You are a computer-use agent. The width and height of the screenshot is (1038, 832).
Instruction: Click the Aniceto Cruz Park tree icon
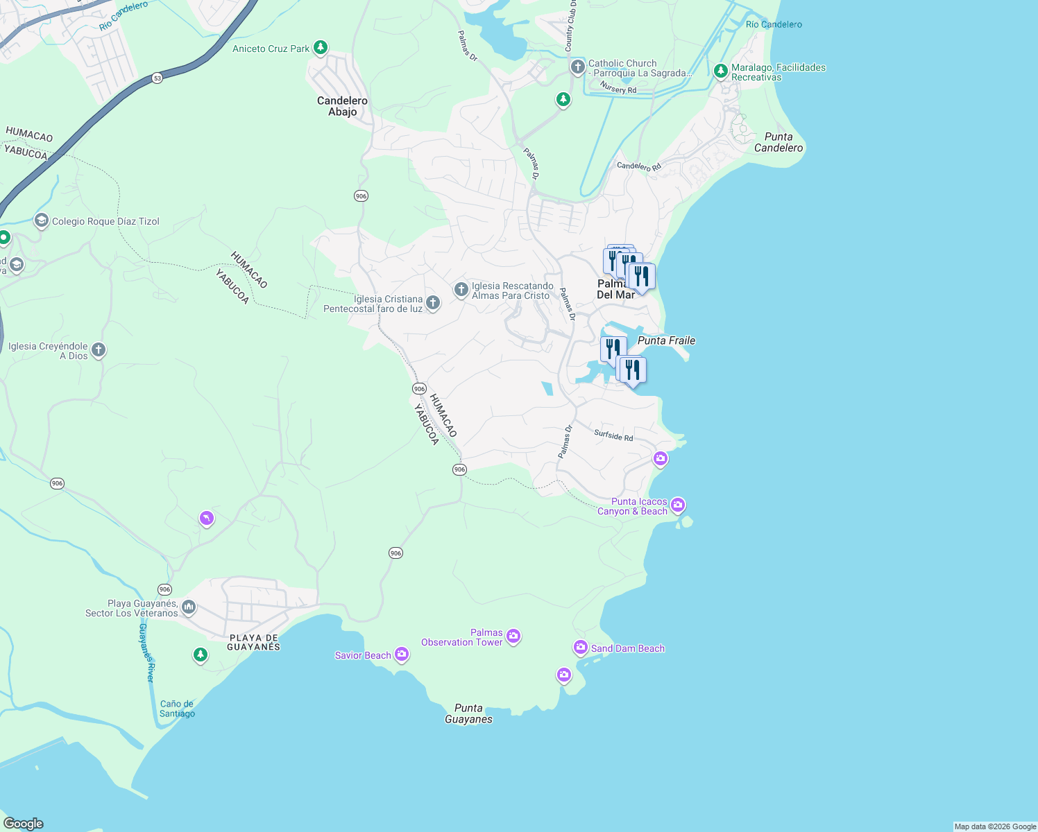click(320, 48)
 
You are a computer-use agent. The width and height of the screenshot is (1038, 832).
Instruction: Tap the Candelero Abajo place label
click(342, 106)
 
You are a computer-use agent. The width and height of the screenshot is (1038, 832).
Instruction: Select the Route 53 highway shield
click(158, 78)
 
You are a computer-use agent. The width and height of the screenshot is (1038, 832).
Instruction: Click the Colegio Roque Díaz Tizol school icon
click(41, 221)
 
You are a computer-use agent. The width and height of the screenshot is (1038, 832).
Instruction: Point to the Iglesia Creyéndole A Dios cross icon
click(99, 350)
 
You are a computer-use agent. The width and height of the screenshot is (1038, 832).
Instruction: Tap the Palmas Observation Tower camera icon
click(513, 636)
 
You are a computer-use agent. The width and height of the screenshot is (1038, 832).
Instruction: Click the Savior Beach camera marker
click(402, 655)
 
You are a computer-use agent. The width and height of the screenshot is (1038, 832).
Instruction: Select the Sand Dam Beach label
click(627, 648)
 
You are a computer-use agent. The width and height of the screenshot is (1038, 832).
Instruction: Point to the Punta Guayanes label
click(468, 713)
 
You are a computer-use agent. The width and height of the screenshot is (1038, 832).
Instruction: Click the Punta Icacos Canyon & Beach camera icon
click(678, 505)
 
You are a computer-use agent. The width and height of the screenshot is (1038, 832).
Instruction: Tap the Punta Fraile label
click(666, 340)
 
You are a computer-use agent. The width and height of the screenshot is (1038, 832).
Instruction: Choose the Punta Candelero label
click(778, 142)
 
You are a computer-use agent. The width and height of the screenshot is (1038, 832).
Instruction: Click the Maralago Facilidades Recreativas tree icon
click(720, 71)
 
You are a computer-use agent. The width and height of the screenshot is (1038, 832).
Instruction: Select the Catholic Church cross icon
click(577, 67)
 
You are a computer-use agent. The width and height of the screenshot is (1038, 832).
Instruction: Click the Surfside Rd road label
click(613, 435)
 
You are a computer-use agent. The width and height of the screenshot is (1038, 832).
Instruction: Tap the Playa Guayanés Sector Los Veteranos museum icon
click(188, 607)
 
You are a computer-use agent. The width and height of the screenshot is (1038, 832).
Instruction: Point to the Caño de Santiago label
click(177, 709)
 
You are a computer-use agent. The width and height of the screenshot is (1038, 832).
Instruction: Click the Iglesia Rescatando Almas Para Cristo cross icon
click(461, 289)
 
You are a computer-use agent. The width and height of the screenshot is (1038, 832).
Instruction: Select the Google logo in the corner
click(23, 824)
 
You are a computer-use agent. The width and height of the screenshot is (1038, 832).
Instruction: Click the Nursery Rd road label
click(618, 89)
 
